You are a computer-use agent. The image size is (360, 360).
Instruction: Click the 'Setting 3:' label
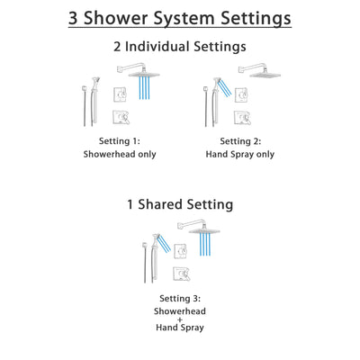(x=179, y=298)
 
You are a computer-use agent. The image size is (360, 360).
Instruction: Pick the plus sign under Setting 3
(x=179, y=319)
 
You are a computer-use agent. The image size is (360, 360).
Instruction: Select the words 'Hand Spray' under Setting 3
(x=179, y=328)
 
